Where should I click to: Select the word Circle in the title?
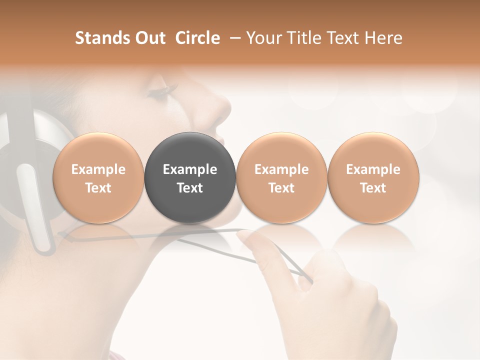tap(197, 38)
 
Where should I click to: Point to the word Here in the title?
tap(384, 38)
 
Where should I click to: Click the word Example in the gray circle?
tap(190, 169)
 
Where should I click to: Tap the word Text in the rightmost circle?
tap(373, 188)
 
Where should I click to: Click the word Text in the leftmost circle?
tap(98, 188)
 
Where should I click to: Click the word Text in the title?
tap(344, 38)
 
